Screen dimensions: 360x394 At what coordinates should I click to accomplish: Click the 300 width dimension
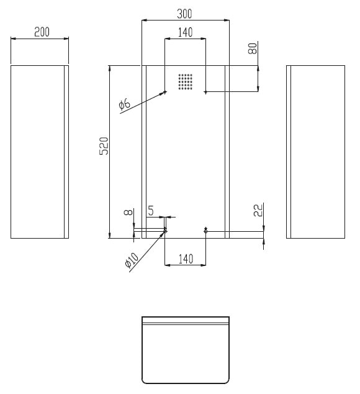184,14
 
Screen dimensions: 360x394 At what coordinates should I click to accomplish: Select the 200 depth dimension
42,32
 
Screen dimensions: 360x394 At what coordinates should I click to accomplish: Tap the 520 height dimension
104,146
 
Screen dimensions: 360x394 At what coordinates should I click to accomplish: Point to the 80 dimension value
253,48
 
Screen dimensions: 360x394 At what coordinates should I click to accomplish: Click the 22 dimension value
258,210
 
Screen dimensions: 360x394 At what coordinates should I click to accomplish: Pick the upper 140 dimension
185,32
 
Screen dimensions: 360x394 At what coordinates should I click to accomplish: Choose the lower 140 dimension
186,259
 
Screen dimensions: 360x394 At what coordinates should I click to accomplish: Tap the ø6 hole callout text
125,104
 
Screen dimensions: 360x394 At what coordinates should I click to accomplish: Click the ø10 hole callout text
132,260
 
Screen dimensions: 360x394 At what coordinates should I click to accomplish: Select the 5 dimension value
151,211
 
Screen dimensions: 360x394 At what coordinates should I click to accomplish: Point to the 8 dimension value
128,213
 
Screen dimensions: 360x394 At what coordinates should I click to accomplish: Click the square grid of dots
186,81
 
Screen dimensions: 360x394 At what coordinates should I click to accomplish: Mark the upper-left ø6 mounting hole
165,92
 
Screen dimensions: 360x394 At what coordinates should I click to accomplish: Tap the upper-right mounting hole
206,92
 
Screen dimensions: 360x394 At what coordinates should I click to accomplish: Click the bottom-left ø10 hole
165,230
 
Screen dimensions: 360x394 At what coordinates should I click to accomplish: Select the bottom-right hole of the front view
206,230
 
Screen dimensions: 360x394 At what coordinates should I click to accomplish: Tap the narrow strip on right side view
289,152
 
